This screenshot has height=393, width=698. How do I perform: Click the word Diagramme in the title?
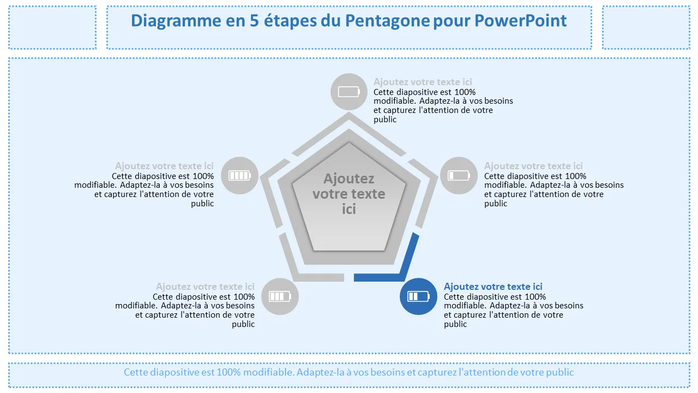tap(176, 21)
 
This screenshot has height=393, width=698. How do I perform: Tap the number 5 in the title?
tap(254, 21)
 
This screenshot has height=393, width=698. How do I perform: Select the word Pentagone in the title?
tap(387, 21)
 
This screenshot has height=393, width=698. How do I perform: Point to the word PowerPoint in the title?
tap(520, 21)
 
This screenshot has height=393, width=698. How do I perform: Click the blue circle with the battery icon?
tap(418, 296)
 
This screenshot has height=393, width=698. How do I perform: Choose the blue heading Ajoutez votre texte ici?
tap(493, 287)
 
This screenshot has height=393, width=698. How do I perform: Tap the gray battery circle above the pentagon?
tap(349, 92)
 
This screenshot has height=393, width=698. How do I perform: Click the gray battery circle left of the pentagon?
tap(239, 176)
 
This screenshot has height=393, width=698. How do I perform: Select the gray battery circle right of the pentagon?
tap(459, 176)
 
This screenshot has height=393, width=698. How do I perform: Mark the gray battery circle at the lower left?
tap(280, 296)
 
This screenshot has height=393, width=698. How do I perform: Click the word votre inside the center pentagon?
tap(329, 194)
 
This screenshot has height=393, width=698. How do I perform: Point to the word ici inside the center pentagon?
tap(348, 209)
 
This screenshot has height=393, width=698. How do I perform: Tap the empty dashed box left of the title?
tap(52, 27)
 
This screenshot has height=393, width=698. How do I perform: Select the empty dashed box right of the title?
tap(646, 27)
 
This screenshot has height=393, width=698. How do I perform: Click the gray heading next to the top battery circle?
tap(423, 82)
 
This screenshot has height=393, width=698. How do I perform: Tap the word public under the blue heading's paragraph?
tap(455, 324)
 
